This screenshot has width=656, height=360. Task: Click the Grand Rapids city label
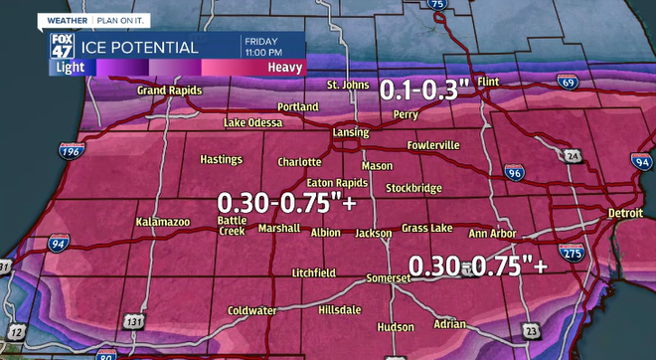tap(169, 91)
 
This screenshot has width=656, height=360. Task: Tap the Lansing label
tap(350, 132)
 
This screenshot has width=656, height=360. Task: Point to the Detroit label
tap(626, 215)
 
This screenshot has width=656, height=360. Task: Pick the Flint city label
tap(488, 80)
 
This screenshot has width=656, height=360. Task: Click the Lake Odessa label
tap(253, 122)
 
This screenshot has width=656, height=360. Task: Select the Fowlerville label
tap(433, 145)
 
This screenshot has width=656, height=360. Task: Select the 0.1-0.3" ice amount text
tap(424, 90)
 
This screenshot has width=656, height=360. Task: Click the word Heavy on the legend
tap(285, 67)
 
